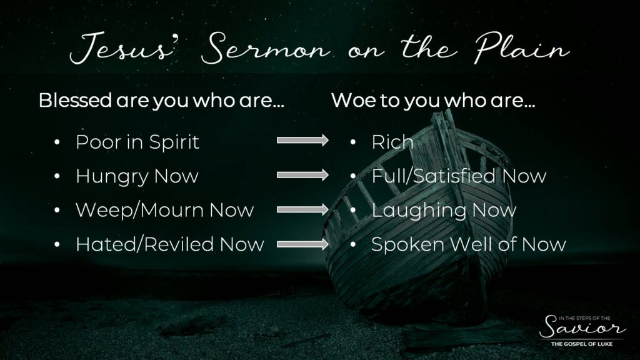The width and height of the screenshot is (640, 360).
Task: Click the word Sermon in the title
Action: pyautogui.click(x=265, y=48)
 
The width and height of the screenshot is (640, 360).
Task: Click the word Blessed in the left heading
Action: pyautogui.click(x=75, y=100)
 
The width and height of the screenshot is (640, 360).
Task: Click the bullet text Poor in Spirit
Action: pyautogui.click(x=137, y=142)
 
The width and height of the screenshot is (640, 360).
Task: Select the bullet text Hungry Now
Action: pyautogui.click(x=137, y=176)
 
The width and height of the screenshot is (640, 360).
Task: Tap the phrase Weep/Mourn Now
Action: pyautogui.click(x=165, y=210)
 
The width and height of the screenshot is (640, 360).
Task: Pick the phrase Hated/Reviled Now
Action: pyautogui.click(x=170, y=244)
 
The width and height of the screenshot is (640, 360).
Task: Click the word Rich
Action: pyautogui.click(x=392, y=142)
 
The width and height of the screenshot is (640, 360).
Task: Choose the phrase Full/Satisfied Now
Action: pyautogui.click(x=459, y=176)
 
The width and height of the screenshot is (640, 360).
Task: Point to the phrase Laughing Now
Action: pyautogui.click(x=444, y=211)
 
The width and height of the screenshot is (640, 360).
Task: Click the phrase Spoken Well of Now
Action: pyautogui.click(x=469, y=245)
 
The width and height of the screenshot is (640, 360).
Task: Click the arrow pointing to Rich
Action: pyautogui.click(x=302, y=141)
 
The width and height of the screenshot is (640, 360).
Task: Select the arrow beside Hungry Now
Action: pyautogui.click(x=302, y=175)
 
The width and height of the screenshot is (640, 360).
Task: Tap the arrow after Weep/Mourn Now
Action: pyautogui.click(x=302, y=210)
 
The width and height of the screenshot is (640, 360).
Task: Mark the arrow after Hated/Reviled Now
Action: pyautogui.click(x=302, y=244)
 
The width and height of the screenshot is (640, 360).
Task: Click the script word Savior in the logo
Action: pyautogui.click(x=582, y=328)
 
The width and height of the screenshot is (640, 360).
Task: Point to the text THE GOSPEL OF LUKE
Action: pyautogui.click(x=582, y=344)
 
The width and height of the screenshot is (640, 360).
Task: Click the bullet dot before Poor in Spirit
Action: pyautogui.click(x=57, y=142)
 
